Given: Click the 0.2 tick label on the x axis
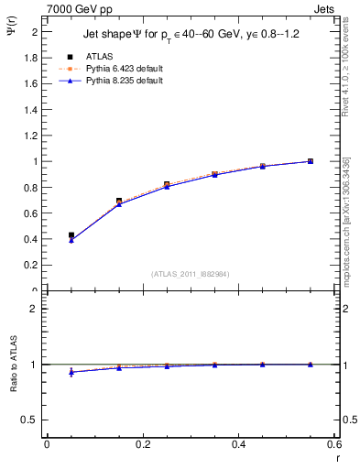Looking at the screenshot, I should pyautogui.click(x=143, y=445).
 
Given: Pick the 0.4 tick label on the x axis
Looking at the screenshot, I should pyautogui.click(x=238, y=445).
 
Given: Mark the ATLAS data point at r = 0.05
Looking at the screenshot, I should pyautogui.click(x=71, y=235).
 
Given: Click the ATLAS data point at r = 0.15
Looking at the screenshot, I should pyautogui.click(x=119, y=201).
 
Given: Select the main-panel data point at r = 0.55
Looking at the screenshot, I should pyautogui.click(x=310, y=161).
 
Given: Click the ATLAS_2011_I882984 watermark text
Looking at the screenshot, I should pyautogui.click(x=190, y=273).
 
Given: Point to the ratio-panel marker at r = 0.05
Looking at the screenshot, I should pyautogui.click(x=71, y=372).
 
